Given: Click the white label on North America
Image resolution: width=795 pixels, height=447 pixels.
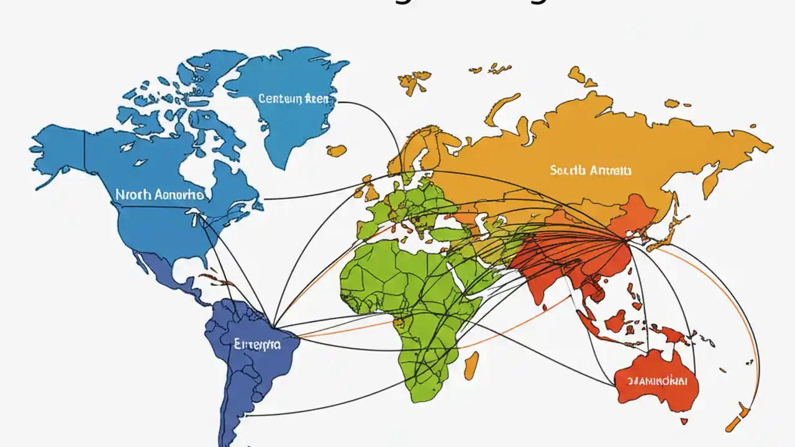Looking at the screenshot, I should (160, 194).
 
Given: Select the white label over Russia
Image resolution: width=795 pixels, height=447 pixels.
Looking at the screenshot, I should (590, 169).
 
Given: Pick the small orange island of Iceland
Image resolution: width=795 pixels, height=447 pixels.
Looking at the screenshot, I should (337, 150).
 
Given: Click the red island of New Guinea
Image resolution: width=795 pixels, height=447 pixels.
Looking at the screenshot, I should (674, 335).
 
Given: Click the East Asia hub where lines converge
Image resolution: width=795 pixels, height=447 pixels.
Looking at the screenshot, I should (624, 239).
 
